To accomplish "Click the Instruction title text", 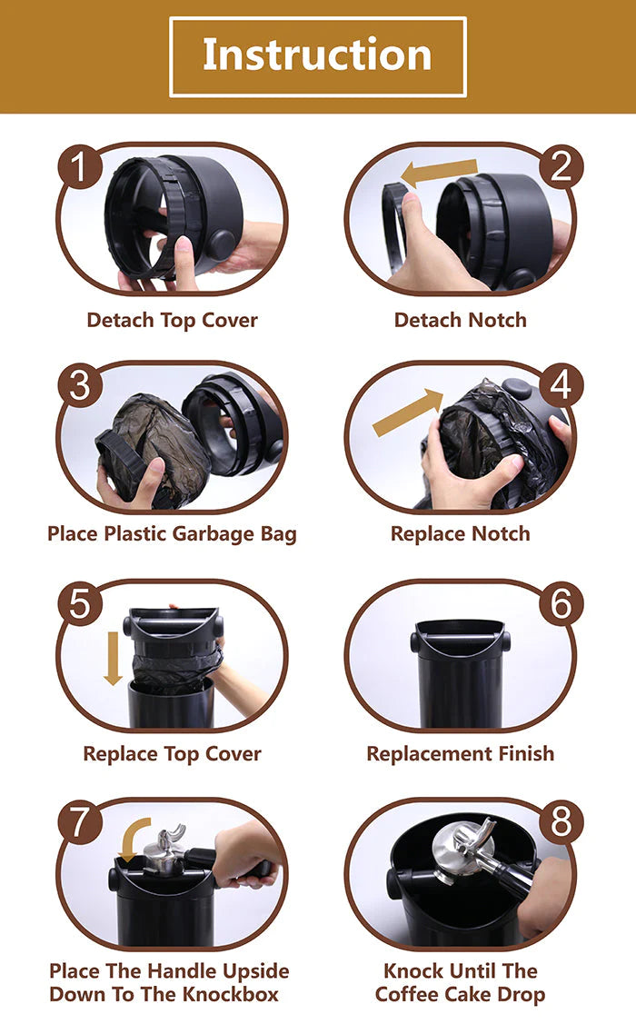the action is tap(317, 55).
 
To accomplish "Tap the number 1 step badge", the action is tap(80, 166).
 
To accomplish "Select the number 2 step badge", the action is tap(561, 166).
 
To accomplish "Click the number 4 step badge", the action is tap(561, 384).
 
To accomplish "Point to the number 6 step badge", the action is tap(561, 602).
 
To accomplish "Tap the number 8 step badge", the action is tap(561, 820).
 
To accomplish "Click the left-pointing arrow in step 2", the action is tap(439, 172).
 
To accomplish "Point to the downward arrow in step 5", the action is tap(113, 658).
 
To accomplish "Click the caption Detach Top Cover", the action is tap(173, 320).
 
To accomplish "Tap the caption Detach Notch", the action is tap(461, 320).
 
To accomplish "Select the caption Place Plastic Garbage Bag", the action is tap(173, 534).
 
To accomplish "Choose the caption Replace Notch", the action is tap(461, 533).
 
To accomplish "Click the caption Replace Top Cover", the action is tap(173, 753).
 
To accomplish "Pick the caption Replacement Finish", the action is tap(461, 753).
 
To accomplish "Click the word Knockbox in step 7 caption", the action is tap(231, 994).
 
